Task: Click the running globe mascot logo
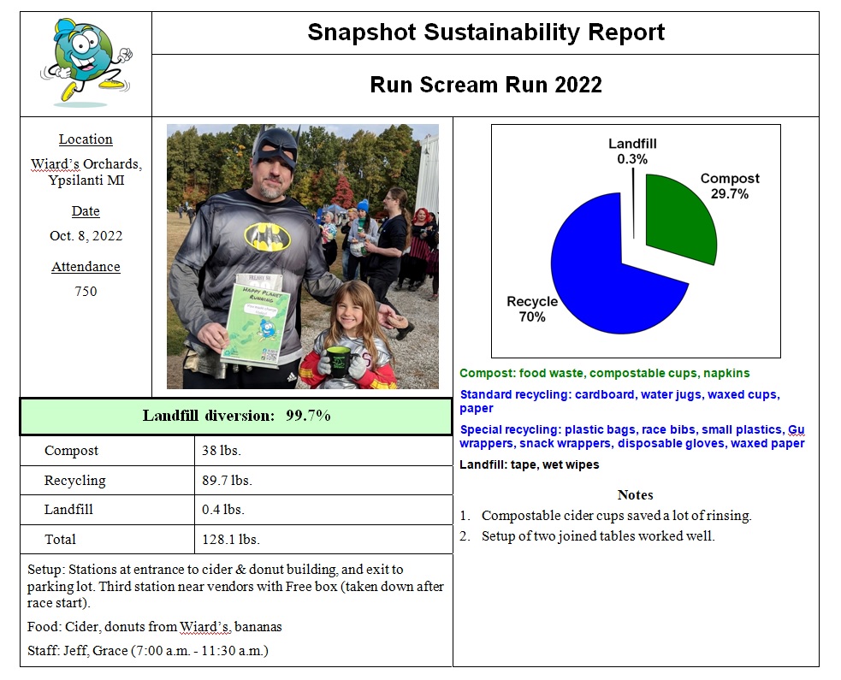[86, 62]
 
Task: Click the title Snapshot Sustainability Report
[485, 33]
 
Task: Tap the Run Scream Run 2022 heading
[485, 85]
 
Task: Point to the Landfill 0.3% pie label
[632, 151]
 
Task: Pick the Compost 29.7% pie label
[729, 186]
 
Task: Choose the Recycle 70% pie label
[531, 309]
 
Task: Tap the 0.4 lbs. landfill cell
[223, 510]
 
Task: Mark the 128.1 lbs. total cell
[230, 540]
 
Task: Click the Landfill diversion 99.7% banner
[236, 416]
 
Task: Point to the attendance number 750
[86, 291]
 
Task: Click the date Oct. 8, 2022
[86, 236]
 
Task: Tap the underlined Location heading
[86, 139]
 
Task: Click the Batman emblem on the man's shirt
[267, 235]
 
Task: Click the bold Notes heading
[635, 494]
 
